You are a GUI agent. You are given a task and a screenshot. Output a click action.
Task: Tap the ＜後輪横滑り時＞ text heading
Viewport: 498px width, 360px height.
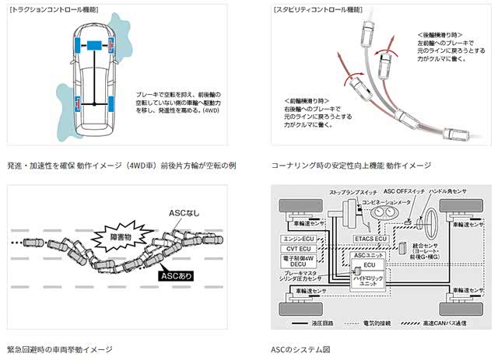[442, 37]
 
